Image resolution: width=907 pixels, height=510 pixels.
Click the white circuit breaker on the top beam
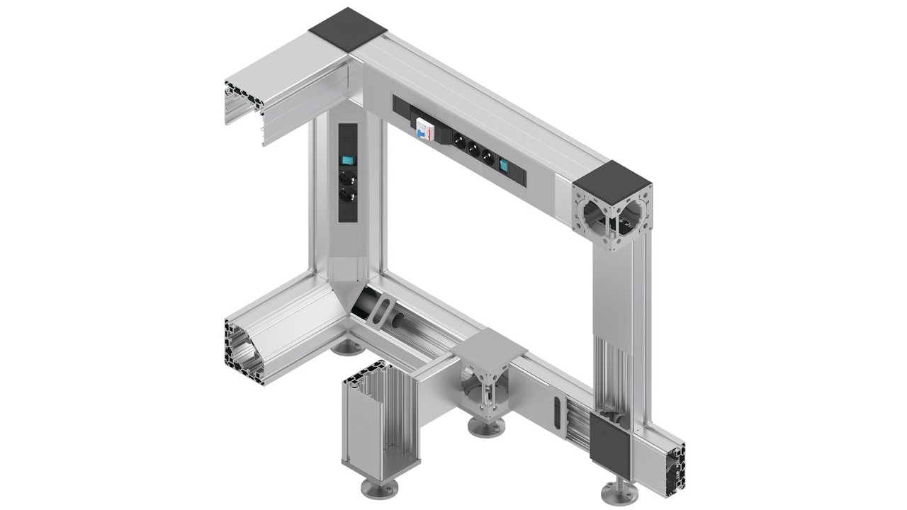pos(425,130)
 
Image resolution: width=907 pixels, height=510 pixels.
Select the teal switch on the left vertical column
pos(347,160)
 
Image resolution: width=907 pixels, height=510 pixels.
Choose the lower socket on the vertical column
pos(347,194)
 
